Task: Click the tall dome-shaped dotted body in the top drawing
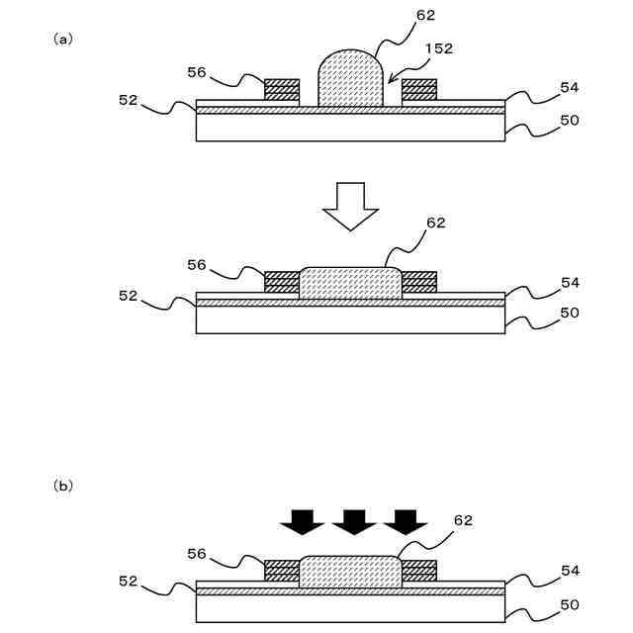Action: click(350, 79)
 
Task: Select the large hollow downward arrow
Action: click(351, 205)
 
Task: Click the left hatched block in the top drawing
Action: click(282, 89)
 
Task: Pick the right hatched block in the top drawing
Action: click(418, 89)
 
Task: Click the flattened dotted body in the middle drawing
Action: click(350, 283)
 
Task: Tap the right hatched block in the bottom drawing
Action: click(419, 571)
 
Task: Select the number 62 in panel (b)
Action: click(463, 519)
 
